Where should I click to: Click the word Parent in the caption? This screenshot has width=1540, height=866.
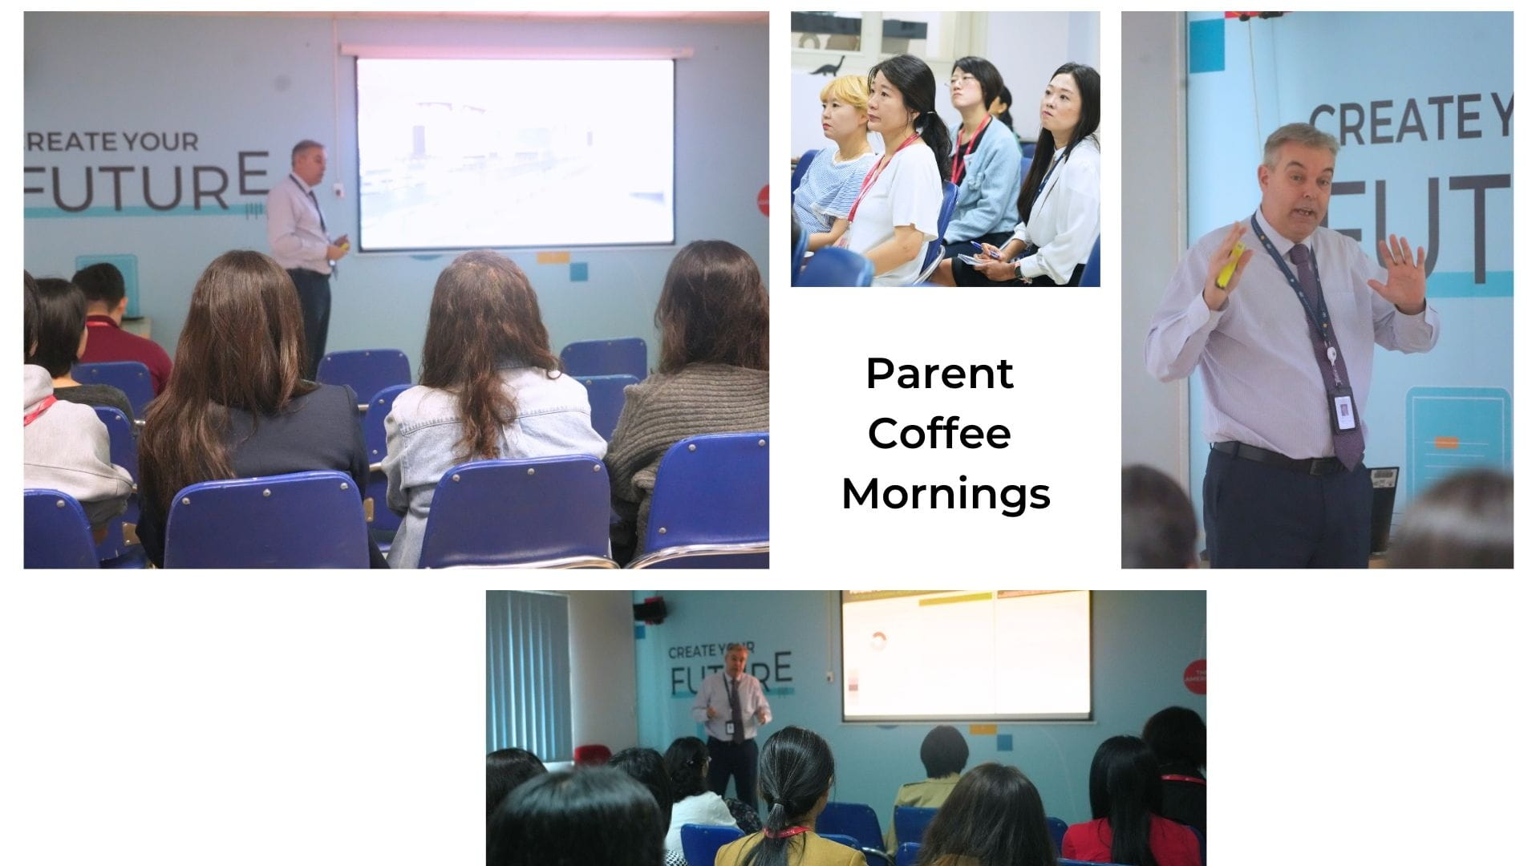tap(939, 374)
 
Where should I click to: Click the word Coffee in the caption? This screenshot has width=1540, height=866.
tap(939, 434)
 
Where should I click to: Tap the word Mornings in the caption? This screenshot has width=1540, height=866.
tap(946, 494)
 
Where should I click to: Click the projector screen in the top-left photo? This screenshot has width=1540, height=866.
tap(515, 153)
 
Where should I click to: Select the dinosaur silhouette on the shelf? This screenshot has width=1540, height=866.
tap(828, 66)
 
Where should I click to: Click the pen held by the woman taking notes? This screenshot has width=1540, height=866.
tap(985, 249)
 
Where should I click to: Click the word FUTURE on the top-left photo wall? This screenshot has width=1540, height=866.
tap(148, 184)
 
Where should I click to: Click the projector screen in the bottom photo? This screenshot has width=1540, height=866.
tap(966, 654)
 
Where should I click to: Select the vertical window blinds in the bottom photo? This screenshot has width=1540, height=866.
tap(529, 674)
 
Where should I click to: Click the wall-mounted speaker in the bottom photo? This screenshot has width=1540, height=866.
tap(650, 611)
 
